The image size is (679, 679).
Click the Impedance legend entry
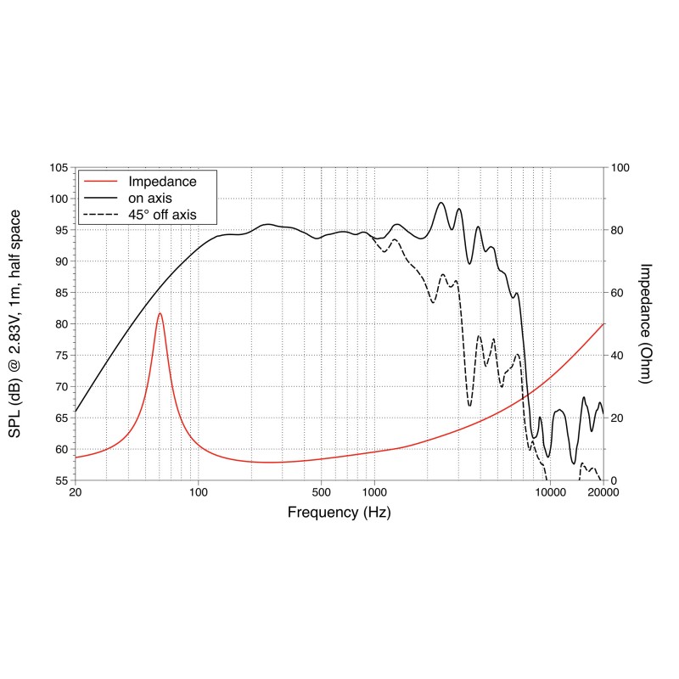coord(162,182)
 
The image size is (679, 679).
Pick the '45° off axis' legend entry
coord(162,215)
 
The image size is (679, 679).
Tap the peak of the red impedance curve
coord(160,313)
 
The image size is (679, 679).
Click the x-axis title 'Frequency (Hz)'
coord(339,513)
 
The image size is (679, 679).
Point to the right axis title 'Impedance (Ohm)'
coord(645,323)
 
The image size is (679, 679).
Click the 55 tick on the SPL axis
coord(60,480)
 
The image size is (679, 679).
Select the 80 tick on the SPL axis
coord(60,324)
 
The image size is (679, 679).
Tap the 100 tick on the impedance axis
coord(620,168)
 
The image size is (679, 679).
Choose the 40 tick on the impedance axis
coord(618,356)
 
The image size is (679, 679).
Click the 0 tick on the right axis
coord(614,480)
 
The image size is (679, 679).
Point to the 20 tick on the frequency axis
coord(75,492)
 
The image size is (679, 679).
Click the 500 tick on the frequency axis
coord(321,492)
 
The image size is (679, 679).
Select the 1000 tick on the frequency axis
coord(374,492)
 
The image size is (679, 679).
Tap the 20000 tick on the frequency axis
coord(603,492)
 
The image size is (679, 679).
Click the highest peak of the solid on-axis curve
coord(441,202)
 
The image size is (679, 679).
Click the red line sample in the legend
coord(100,182)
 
